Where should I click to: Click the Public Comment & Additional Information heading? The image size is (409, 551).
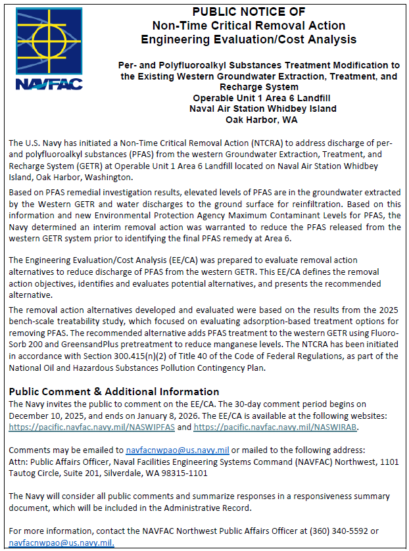click(114, 391)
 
